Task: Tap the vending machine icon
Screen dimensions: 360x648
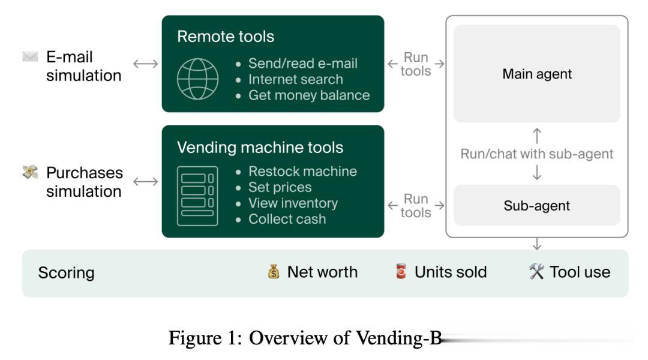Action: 197,196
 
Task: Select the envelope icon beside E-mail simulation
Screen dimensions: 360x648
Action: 30,57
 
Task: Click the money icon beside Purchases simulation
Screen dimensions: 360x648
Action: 30,173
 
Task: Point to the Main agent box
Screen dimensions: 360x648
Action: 537,74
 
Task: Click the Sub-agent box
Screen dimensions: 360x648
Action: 537,206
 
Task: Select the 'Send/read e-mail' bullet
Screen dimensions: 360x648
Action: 302,64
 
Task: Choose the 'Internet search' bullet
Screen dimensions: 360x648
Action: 295,79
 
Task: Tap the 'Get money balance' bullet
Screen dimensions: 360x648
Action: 308,95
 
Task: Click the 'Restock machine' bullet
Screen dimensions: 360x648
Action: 302,172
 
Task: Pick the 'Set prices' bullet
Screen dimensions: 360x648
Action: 280,187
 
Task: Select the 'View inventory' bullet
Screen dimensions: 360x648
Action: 293,203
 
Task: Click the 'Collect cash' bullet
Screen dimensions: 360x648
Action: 287,219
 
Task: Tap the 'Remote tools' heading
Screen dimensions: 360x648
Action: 226,37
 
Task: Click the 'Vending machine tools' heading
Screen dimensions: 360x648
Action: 260,148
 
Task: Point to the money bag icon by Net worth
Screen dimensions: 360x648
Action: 274,272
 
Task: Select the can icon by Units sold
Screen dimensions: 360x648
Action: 401,272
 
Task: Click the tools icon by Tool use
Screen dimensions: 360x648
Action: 536,272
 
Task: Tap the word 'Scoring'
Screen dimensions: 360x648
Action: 66,273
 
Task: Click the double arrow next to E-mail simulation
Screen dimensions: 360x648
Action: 145,64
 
